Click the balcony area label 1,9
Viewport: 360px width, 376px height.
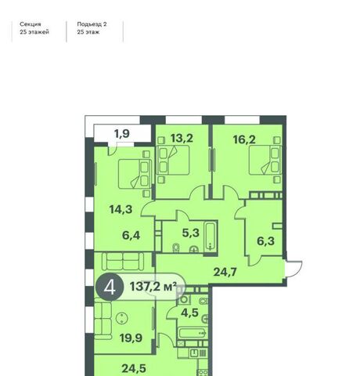point(122,134)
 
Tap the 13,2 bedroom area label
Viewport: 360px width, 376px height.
point(182,138)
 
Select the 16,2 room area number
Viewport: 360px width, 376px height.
point(244,139)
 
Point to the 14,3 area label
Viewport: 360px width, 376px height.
point(121,209)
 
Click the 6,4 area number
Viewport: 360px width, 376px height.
point(131,235)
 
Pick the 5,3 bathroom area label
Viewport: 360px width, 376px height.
point(191,233)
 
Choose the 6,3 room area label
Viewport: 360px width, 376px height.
point(266,241)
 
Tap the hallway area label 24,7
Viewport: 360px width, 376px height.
point(225,272)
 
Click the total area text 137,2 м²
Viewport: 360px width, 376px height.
point(153,287)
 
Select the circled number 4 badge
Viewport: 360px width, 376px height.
point(110,287)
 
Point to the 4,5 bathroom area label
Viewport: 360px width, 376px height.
point(190,313)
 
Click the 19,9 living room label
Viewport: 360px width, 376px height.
point(131,338)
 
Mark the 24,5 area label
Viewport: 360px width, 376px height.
point(134,368)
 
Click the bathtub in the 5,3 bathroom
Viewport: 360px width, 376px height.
point(210,237)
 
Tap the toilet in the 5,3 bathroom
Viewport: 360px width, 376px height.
point(176,248)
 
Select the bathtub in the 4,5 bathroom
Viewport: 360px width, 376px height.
point(193,334)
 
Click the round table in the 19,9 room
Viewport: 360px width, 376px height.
point(121,318)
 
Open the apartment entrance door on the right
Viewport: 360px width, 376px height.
point(293,269)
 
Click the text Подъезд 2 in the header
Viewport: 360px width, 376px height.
point(92,24)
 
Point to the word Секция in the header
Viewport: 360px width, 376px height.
point(31,24)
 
